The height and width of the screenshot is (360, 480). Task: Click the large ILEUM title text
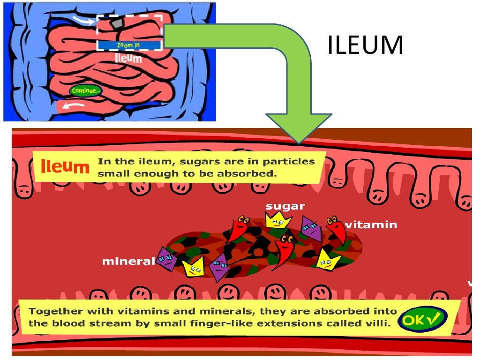365,45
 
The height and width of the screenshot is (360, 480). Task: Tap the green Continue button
85,90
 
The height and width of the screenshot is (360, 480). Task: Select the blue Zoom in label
128,45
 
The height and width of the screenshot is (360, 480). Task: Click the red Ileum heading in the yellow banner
65,166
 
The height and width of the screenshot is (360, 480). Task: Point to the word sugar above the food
285,206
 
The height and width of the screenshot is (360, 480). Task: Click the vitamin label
370,225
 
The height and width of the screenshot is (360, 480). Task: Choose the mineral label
128,261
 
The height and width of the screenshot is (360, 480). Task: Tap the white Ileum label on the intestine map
128,58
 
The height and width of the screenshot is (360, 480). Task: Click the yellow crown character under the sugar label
278,220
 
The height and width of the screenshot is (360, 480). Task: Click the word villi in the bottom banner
380,323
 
